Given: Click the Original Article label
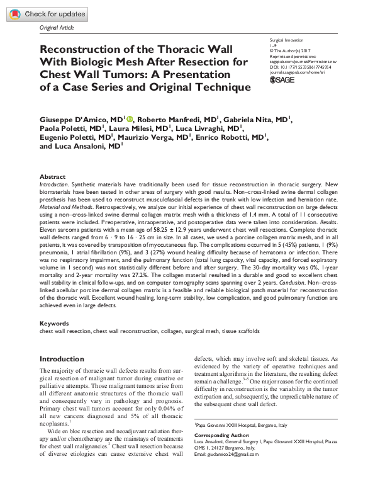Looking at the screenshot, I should tap(57, 28).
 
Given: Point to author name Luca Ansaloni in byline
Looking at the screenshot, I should tap(81, 146).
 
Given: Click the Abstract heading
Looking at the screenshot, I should tap(52, 177).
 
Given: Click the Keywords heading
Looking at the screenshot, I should tap(54, 323).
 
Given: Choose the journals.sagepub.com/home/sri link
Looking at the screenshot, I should tap(296, 73).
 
